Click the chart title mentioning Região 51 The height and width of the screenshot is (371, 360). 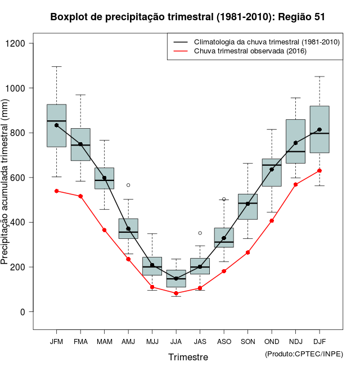(187, 17)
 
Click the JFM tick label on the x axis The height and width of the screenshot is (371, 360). (56, 341)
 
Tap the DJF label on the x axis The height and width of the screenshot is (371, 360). (319, 341)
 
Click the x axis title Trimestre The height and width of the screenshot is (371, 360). (188, 357)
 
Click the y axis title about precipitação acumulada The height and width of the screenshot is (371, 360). (6, 185)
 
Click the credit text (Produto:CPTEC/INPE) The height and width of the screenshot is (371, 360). (303, 354)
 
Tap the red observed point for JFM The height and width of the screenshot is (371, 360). (56, 191)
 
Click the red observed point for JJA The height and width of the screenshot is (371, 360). (176, 293)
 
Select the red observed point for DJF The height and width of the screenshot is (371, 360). (319, 170)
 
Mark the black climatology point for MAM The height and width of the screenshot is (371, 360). (104, 178)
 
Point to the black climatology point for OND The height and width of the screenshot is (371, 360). (272, 169)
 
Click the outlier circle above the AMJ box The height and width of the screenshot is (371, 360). (128, 185)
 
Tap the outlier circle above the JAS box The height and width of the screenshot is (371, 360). (200, 233)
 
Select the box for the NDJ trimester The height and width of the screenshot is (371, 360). (295, 141)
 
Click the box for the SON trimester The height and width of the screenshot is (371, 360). (247, 206)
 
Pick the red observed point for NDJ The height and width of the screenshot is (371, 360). (295, 184)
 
